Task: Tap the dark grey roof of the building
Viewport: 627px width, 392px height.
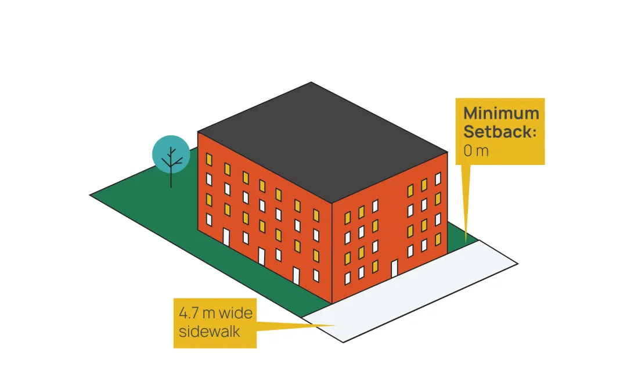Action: click(322, 139)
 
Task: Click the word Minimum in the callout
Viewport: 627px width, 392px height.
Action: click(501, 113)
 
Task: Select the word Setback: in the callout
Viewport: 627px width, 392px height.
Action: click(500, 132)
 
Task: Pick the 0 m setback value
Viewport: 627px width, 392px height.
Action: click(476, 152)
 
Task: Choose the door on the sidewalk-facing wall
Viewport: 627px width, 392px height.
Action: click(394, 268)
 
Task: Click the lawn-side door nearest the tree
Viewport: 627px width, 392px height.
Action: click(226, 237)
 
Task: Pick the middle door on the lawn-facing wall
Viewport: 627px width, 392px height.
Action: click(262, 256)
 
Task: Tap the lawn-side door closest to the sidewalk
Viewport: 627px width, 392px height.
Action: click(296, 275)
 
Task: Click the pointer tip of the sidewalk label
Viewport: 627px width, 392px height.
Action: click(336, 325)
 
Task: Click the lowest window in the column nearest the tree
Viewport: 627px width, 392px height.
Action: click(209, 219)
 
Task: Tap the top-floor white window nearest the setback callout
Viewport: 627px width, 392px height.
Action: click(438, 178)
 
